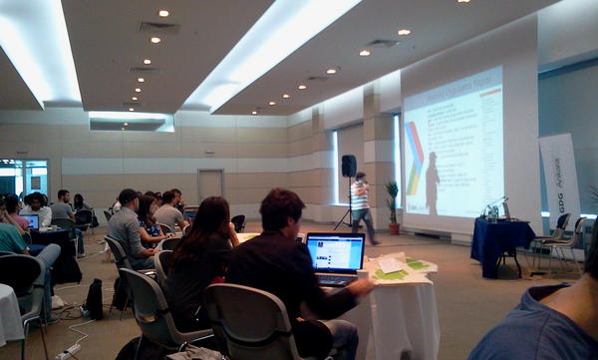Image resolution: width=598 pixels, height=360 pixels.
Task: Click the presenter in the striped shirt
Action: [361, 205]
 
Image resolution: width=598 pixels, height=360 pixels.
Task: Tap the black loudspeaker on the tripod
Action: [349, 166]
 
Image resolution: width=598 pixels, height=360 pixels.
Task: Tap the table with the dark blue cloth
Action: [500, 245]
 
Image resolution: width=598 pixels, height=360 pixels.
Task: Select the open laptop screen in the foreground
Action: [335, 253]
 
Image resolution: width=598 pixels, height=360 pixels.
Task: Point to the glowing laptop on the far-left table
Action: [32, 221]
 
